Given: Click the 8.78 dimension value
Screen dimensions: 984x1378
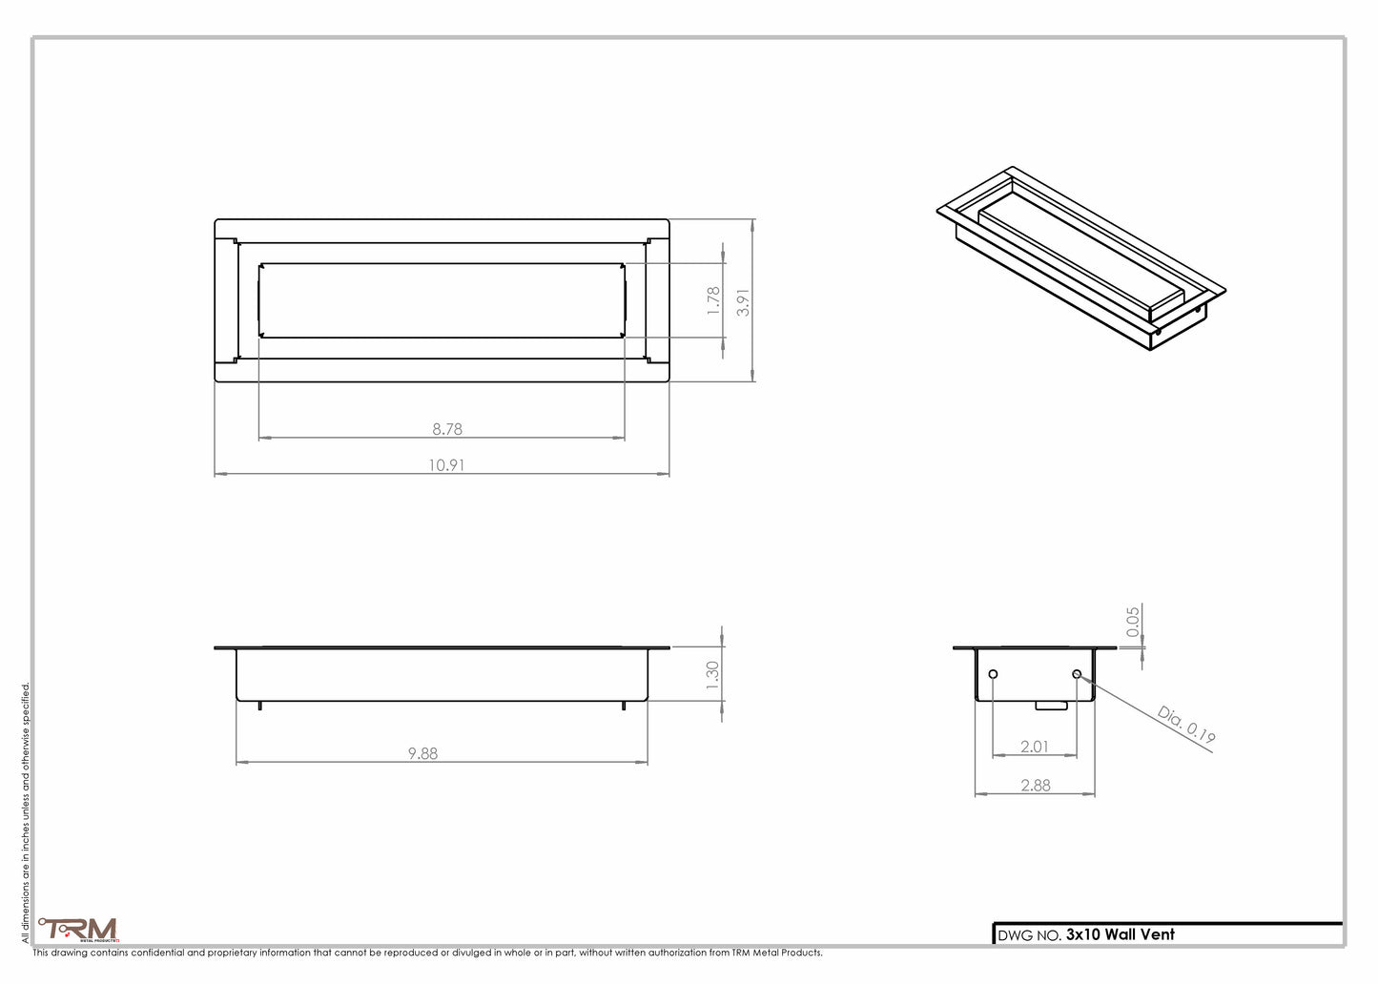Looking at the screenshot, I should (446, 429).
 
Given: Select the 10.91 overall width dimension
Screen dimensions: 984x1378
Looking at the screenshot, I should (446, 465).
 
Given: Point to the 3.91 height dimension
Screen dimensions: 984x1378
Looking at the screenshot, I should (745, 301).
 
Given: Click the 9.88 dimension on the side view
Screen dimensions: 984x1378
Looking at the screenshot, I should (422, 753).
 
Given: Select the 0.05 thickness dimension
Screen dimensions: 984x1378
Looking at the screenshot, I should (1133, 622).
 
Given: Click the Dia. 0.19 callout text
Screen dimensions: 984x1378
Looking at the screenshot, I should (1186, 724).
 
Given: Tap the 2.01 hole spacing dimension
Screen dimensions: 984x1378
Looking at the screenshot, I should (1035, 747).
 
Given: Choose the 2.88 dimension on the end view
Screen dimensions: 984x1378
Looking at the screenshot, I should (1035, 786).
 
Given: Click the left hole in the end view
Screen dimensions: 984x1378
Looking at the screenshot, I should (994, 675).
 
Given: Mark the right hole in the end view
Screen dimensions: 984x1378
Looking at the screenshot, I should (1077, 675).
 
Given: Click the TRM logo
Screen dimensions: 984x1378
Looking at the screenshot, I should (78, 929).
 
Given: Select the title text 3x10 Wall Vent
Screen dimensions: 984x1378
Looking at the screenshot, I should (1120, 934).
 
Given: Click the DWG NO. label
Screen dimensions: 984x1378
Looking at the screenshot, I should (1028, 935).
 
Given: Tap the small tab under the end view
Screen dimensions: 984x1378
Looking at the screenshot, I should (1053, 706).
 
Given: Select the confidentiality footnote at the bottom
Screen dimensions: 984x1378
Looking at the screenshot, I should (427, 953).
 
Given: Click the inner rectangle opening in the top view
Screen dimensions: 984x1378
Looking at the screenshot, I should (442, 299).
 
